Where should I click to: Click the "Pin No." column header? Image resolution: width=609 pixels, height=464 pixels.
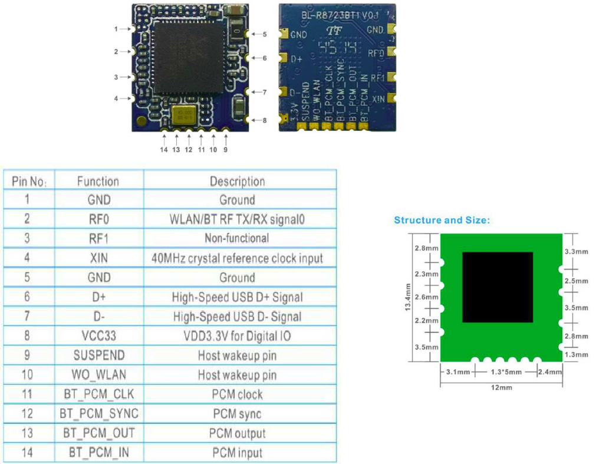tap(29, 181)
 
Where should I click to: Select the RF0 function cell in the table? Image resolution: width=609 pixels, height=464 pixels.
tap(98, 220)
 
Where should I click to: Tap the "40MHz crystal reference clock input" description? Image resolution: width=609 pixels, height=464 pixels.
tap(237, 258)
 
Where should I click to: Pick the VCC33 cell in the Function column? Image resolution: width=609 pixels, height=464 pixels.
tap(98, 336)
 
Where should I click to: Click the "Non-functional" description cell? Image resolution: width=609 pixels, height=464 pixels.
tap(237, 239)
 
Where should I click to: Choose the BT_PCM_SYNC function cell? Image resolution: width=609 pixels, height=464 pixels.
tap(98, 414)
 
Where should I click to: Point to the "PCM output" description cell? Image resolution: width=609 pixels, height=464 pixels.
tap(237, 433)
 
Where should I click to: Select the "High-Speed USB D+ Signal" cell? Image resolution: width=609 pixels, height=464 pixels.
tap(237, 297)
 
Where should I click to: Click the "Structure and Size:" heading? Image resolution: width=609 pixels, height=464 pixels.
tap(442, 221)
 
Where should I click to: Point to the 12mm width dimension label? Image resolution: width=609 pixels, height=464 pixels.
tap(501, 387)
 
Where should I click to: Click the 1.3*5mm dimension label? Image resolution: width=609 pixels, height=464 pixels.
tap(505, 372)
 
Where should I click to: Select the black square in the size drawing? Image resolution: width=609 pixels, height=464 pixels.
tap(497, 287)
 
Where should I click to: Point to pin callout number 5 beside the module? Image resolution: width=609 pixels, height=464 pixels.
tap(265, 34)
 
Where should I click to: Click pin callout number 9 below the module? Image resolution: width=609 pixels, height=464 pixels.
tap(225, 150)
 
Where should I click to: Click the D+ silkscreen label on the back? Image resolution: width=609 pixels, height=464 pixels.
tap(298, 60)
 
